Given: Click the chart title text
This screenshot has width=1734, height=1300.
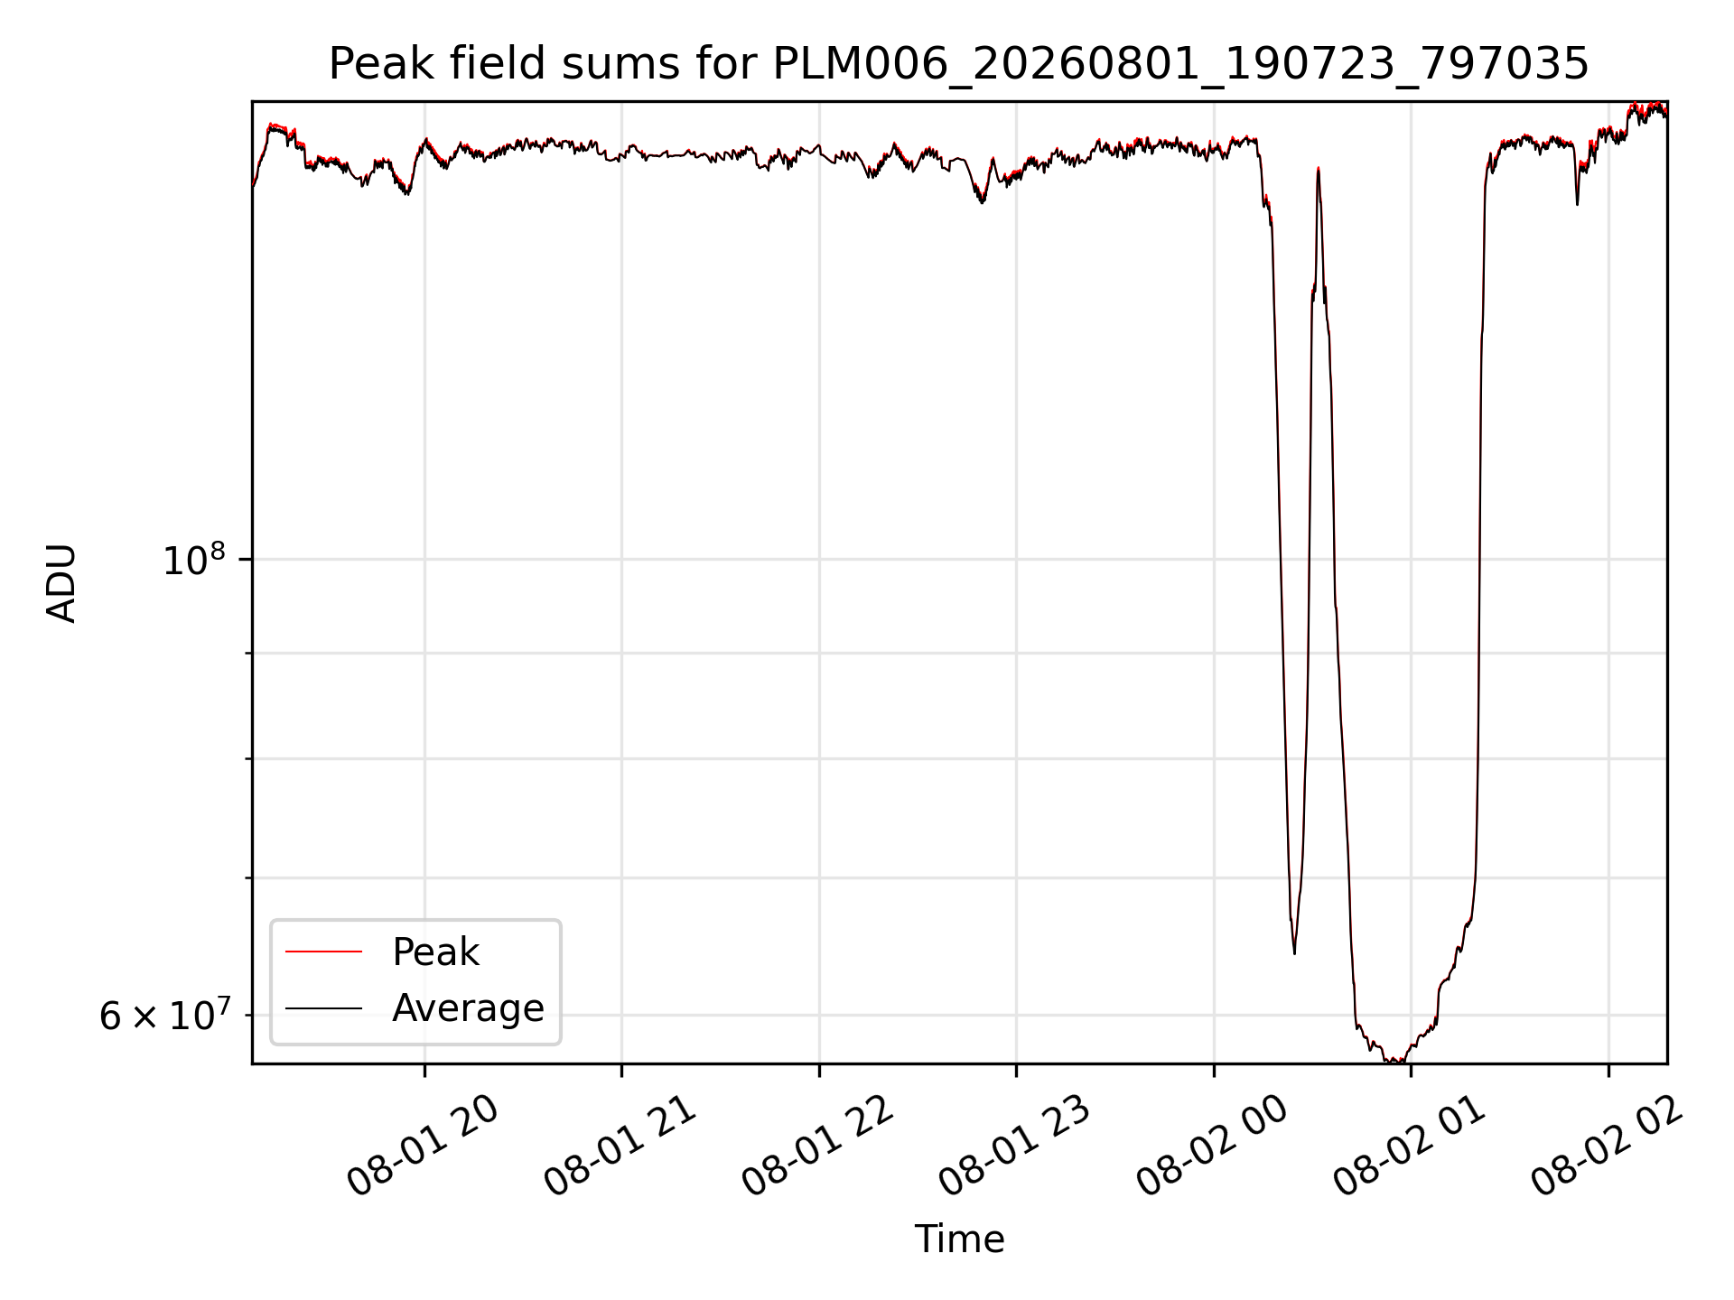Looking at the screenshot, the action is (x=958, y=64).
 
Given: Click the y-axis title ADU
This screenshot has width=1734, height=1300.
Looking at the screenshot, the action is (x=61, y=582).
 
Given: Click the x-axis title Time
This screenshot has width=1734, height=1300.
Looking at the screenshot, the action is (x=959, y=1240).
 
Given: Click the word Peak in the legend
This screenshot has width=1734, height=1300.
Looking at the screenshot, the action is (x=435, y=952).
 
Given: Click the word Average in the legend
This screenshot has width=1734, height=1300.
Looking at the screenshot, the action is (x=468, y=1007).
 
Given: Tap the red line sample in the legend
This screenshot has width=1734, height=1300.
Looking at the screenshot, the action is (x=323, y=952).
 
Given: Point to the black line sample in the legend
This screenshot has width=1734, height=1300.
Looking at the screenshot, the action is (x=323, y=1007).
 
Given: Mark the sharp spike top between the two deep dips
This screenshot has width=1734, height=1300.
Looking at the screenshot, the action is (x=1319, y=168).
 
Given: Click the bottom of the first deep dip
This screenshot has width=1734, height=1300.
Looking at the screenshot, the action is (x=1294, y=953).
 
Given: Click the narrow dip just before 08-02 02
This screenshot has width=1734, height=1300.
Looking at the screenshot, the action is (x=1577, y=204).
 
